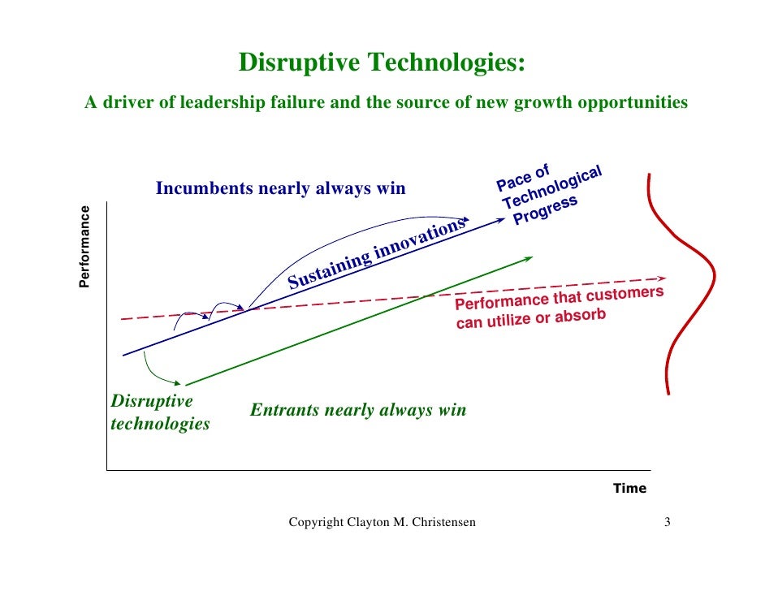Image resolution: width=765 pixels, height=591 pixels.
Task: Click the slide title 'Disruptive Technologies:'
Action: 382,63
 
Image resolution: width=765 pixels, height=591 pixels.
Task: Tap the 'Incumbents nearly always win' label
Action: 280,189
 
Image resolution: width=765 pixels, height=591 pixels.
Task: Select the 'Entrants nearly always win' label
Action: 357,410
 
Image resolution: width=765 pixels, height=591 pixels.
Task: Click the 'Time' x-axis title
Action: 629,488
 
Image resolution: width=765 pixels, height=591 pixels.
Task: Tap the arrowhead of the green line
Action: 529,258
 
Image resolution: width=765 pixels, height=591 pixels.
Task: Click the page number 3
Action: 667,522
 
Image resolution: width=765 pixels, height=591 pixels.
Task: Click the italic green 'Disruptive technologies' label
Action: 159,412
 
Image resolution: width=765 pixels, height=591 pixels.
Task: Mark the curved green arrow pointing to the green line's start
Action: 158,372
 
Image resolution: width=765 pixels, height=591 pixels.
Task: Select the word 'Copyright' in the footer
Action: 315,522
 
